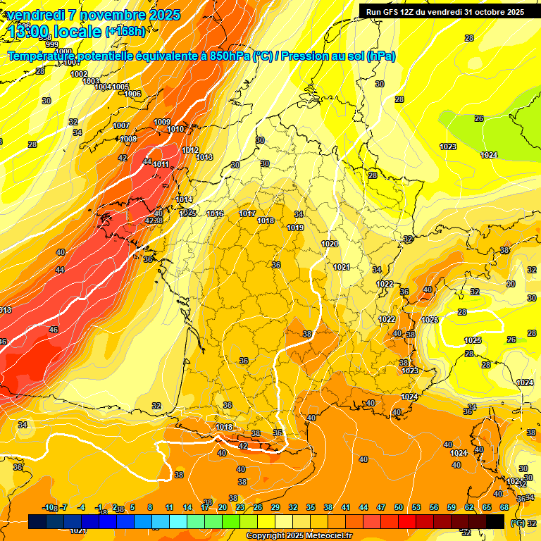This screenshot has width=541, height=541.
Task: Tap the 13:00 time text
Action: (x=29, y=31)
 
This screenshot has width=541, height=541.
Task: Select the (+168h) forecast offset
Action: (x=125, y=31)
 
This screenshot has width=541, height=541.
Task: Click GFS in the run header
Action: (x=392, y=11)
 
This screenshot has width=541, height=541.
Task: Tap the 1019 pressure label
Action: (x=295, y=228)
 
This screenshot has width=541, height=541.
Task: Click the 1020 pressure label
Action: (x=329, y=244)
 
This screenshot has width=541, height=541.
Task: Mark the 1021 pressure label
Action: (x=342, y=267)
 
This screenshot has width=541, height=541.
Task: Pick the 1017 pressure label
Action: (x=247, y=213)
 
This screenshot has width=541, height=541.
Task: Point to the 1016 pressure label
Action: (x=215, y=213)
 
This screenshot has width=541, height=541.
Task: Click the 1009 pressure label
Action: (x=162, y=122)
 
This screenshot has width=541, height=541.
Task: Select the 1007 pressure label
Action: (x=121, y=125)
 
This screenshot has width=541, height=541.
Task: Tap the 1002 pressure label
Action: (x=79, y=74)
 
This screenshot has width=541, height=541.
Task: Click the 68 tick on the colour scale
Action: (x=504, y=507)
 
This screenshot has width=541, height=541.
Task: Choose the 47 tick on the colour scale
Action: (x=381, y=507)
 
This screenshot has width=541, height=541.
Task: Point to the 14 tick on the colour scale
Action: (x=187, y=507)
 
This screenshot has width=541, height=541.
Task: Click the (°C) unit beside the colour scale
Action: (x=518, y=523)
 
